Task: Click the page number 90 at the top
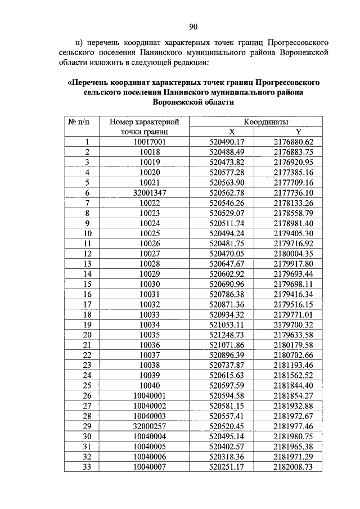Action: pos(193,26)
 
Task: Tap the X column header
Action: pos(222,132)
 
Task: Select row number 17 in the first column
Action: pos(87,304)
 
